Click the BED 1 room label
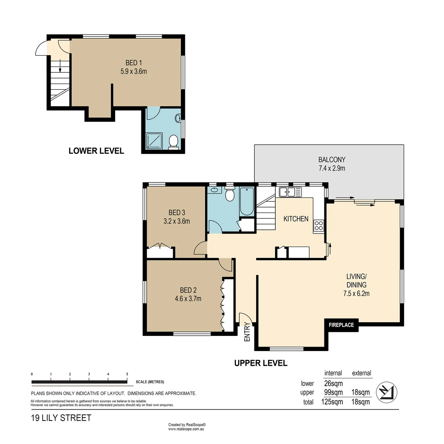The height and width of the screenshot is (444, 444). [134, 62]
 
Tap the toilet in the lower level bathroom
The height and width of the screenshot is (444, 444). [173, 141]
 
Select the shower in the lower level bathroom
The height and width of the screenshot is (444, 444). [154, 141]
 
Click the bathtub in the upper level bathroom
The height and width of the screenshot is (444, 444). [247, 201]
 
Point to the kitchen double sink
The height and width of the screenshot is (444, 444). [290, 192]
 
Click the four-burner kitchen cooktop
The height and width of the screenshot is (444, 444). [319, 226]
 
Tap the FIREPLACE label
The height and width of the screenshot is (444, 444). [341, 325]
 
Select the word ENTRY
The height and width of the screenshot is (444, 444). [247, 332]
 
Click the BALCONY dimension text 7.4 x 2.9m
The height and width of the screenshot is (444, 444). [332, 168]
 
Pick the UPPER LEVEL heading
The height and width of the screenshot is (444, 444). [261, 363]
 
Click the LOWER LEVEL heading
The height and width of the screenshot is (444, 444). [96, 150]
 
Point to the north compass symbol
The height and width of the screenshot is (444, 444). [386, 392]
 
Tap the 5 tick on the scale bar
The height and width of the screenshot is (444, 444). [127, 374]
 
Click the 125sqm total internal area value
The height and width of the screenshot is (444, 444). [332, 402]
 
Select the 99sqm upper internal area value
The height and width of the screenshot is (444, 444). [333, 393]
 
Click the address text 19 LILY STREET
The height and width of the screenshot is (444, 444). [61, 418]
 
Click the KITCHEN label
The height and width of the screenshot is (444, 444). [296, 219]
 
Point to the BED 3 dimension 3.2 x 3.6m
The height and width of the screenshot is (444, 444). [177, 221]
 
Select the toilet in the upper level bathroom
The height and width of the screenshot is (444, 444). [230, 193]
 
